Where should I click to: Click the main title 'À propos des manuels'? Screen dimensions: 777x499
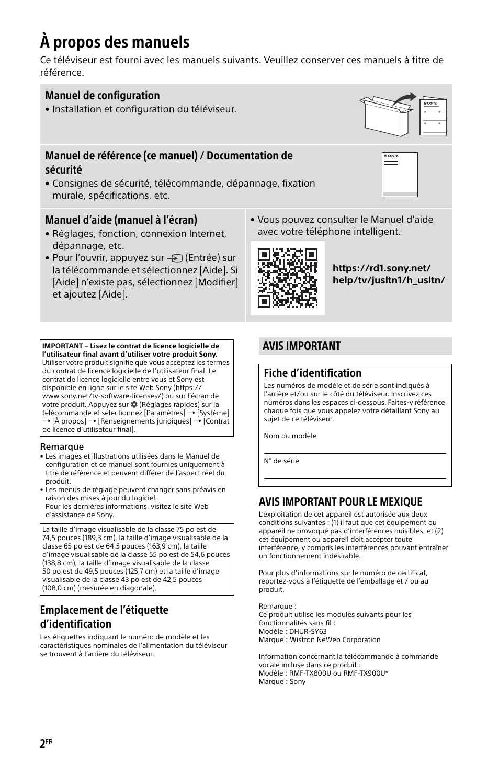[115, 42]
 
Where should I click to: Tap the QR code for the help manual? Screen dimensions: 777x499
[288, 278]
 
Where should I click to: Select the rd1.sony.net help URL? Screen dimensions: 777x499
[389, 274]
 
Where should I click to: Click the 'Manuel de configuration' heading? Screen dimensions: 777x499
[103, 95]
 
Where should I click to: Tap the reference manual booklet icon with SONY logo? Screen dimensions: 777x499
[400, 174]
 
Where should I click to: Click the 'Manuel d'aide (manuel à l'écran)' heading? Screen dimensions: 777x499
[121, 220]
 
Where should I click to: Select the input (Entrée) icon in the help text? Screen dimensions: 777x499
[175, 258]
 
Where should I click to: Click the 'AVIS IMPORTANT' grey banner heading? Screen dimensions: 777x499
[301, 346]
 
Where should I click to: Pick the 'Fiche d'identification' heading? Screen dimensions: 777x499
[313, 373]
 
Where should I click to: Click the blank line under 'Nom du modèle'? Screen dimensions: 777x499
[355, 453]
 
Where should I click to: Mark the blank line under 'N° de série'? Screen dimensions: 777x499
[355, 478]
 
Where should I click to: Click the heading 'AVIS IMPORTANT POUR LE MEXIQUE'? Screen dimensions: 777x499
[341, 502]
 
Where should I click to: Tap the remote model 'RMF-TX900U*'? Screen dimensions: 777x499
[366, 673]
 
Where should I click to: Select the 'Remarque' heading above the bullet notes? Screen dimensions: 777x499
[62, 447]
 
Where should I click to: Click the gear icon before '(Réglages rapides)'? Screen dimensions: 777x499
[134, 404]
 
